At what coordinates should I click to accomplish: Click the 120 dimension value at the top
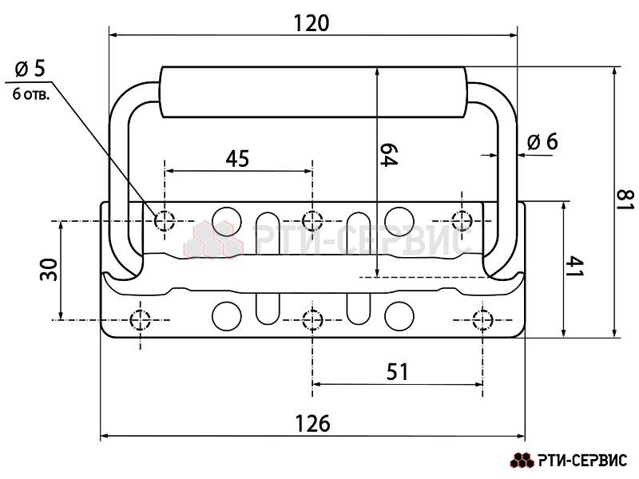coord(312,24)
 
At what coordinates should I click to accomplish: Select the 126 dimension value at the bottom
coord(312,424)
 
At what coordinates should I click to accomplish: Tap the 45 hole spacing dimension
coord(237,159)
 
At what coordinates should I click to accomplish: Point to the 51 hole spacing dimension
coord(397,372)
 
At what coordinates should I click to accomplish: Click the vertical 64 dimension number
coord(388,155)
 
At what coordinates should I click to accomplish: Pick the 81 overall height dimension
coord(625,200)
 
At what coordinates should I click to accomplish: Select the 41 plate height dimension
coord(574,267)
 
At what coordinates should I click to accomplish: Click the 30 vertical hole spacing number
coord(49,270)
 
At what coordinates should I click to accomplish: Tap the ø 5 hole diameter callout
coord(30,69)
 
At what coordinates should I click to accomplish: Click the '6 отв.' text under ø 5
coord(31,95)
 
